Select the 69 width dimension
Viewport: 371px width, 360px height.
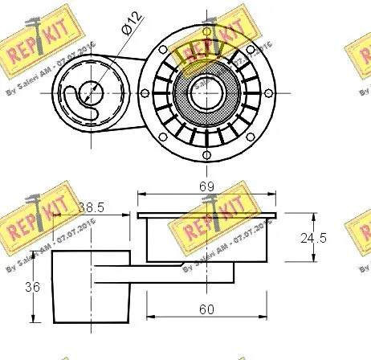[x=208, y=186]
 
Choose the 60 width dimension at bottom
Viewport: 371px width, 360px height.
[x=208, y=308]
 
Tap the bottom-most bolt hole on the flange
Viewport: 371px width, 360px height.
[x=208, y=153]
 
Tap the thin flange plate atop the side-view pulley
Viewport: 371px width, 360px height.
[x=208, y=215]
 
